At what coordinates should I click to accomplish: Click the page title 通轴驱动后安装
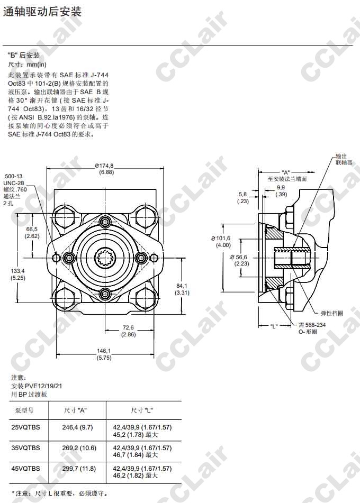coord(42,12)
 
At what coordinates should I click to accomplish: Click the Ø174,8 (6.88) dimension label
coord(105,169)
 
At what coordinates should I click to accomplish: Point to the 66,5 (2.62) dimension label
coord(32,233)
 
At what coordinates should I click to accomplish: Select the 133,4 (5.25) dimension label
coord(18,275)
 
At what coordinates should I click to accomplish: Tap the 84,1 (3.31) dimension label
coord(182,289)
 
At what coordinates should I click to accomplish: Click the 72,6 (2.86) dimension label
coord(128,331)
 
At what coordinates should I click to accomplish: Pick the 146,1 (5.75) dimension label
coord(104,354)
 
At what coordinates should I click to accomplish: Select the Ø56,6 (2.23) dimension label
coord(240,260)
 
